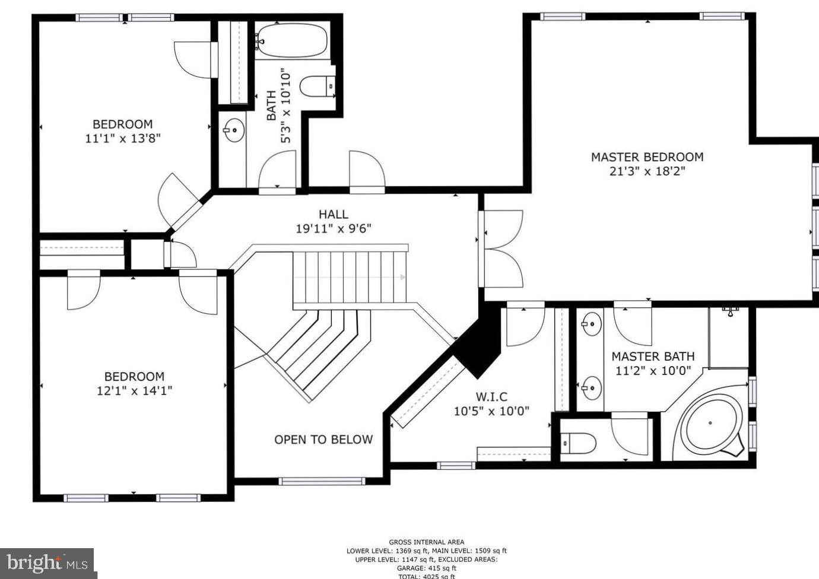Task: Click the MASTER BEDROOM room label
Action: coord(647,157)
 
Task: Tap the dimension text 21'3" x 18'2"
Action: coord(647,171)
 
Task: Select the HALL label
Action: coord(333,214)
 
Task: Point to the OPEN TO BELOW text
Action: coord(323,440)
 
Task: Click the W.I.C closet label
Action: coord(491,397)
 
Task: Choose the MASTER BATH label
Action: coord(653,357)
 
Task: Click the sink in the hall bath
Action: coord(234,130)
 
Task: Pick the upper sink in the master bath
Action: coord(591,323)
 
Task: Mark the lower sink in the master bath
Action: coord(591,389)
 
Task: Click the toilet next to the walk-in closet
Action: coord(579,443)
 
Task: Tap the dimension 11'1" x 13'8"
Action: coord(123,139)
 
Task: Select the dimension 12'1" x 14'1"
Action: coord(135,391)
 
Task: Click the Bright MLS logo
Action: coord(47,562)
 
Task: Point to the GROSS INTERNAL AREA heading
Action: coord(426,542)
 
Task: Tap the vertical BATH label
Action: coord(271,105)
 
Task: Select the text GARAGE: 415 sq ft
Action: coord(426,568)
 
